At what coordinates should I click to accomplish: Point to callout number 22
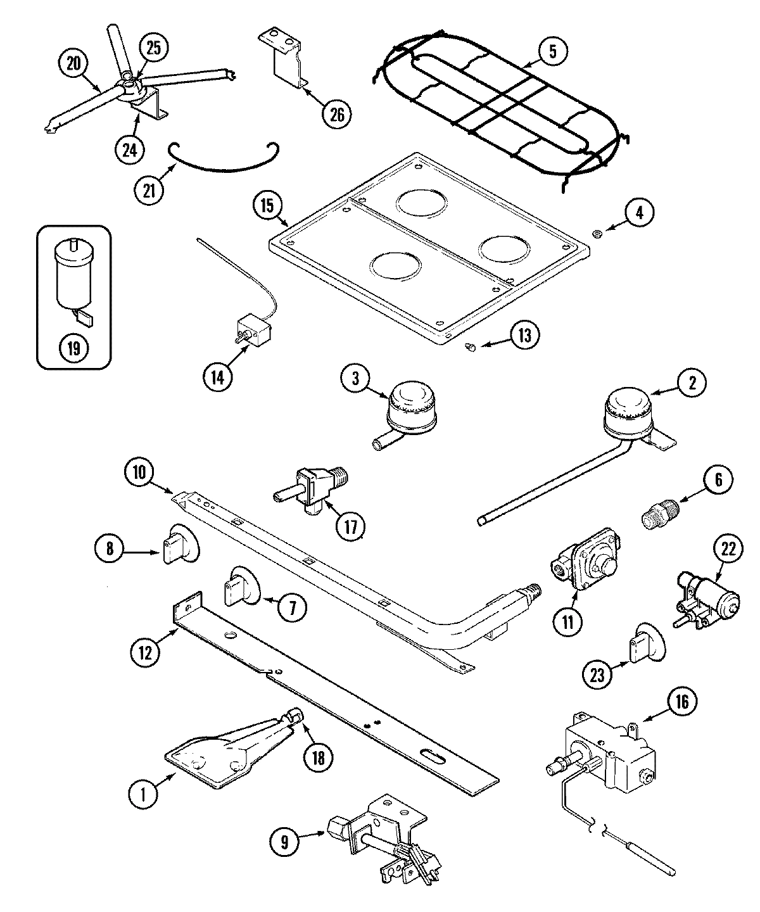click(x=728, y=549)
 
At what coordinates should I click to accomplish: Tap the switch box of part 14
click(x=253, y=331)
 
